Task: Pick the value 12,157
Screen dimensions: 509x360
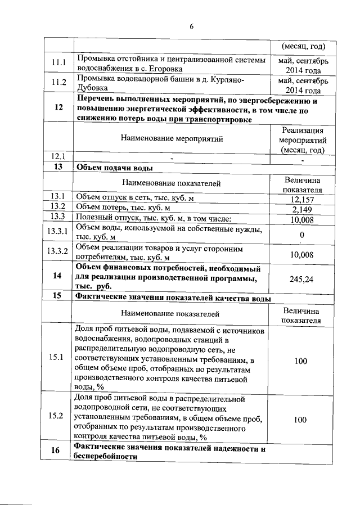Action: coord(302,199)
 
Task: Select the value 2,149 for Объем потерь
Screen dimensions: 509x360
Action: coord(302,209)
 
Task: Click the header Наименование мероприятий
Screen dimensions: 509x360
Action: coord(172,138)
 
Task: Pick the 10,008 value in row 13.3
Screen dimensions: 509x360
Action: coord(302,219)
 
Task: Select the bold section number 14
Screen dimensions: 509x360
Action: coord(57,276)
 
